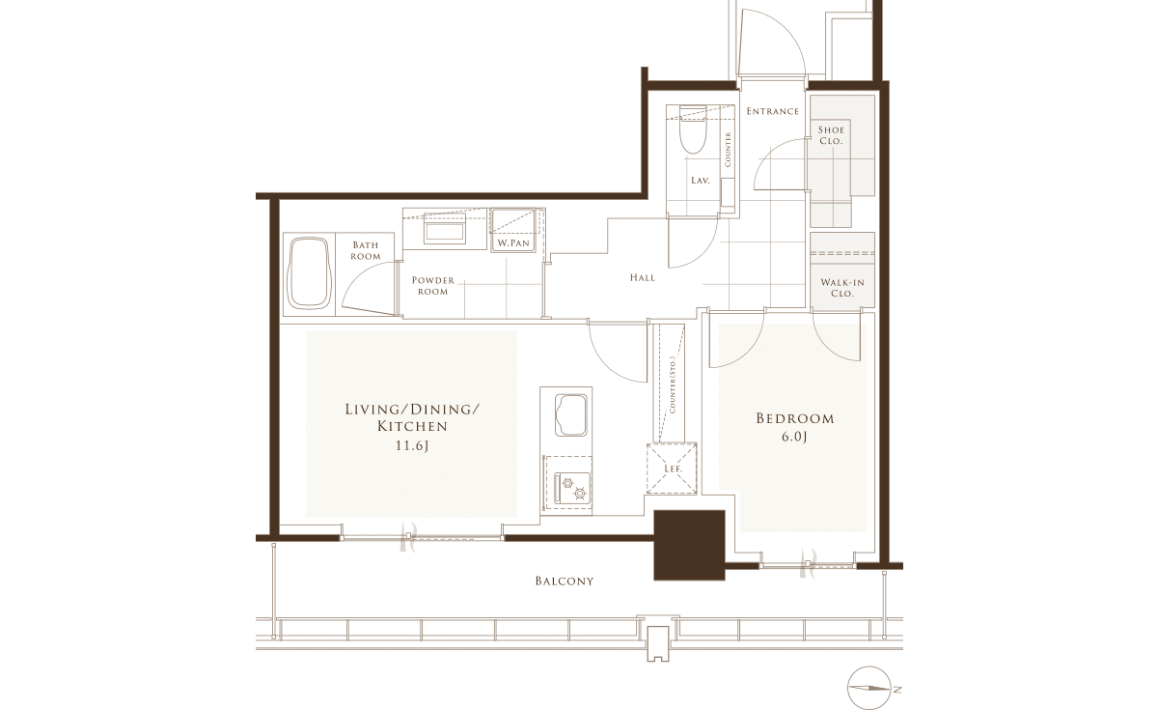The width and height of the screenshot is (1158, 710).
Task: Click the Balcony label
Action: coord(564,582)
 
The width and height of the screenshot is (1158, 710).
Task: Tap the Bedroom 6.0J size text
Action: coord(794,438)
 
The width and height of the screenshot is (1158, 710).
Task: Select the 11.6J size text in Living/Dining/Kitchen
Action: coord(412,445)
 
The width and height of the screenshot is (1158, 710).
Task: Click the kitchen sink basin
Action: coord(570,415)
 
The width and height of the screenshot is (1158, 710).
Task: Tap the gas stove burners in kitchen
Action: coord(573,488)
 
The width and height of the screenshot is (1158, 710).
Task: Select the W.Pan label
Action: coord(513,242)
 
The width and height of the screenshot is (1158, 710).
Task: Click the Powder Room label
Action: coord(433,286)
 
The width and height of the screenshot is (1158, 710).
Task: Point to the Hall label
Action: coord(643,278)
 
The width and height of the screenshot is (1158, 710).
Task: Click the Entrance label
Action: coord(772,111)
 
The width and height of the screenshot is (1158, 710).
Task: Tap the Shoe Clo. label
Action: coord(831,135)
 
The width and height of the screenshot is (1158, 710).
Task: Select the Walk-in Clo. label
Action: coord(842,288)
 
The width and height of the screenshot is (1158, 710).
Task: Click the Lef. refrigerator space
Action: coord(672,469)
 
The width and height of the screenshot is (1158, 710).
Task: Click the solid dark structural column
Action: coord(689,545)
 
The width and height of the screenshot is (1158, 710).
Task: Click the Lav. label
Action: coord(700,181)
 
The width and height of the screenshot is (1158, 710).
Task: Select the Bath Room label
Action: coord(366,250)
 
